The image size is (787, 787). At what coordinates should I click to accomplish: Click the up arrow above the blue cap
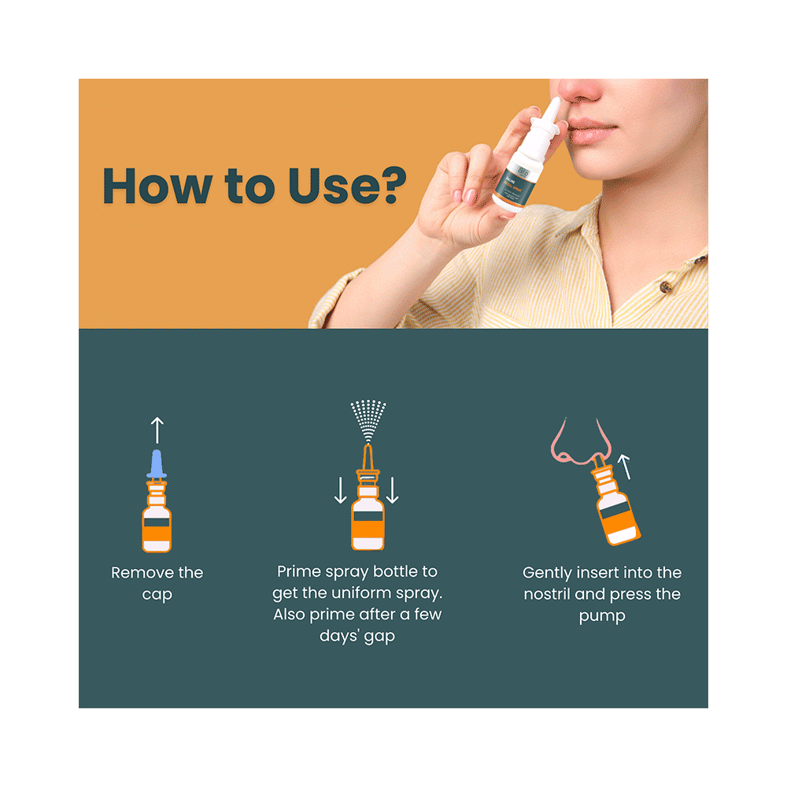click(157, 430)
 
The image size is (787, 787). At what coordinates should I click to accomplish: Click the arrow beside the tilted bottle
click(626, 467)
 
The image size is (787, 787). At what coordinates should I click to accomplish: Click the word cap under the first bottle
click(157, 595)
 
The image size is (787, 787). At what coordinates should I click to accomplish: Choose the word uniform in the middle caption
click(371, 593)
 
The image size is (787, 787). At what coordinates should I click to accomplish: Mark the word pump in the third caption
click(601, 616)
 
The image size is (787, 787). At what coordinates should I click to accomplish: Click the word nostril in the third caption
click(550, 594)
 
